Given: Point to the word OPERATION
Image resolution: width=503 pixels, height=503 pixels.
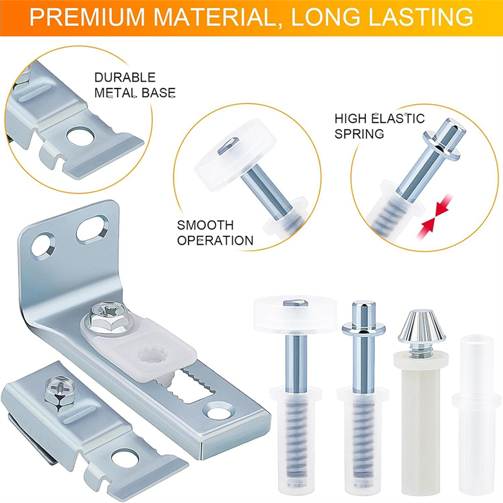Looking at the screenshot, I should [215, 240].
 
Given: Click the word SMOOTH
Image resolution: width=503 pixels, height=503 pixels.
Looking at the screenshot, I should [205, 225].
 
